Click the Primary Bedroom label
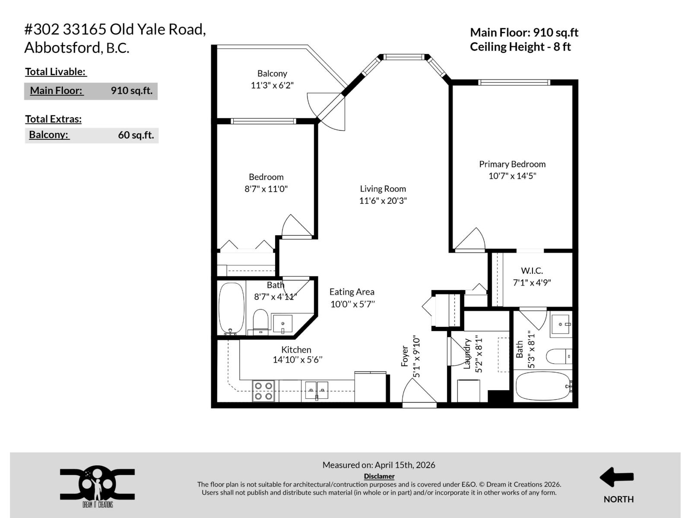point(512,164)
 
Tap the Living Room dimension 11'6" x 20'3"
point(383,201)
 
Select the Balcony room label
point(272,74)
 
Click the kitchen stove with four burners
point(263,391)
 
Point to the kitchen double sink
point(317,390)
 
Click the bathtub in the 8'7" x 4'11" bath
point(231,307)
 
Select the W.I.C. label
point(532,271)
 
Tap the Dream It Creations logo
point(97,486)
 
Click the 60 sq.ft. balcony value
point(136,135)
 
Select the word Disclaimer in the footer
point(379,476)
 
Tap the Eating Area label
point(352,292)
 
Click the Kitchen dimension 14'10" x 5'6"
point(297,360)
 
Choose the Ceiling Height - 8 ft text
point(520,47)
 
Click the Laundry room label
point(467,354)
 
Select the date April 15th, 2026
point(405,465)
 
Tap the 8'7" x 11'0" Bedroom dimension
point(266,189)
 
